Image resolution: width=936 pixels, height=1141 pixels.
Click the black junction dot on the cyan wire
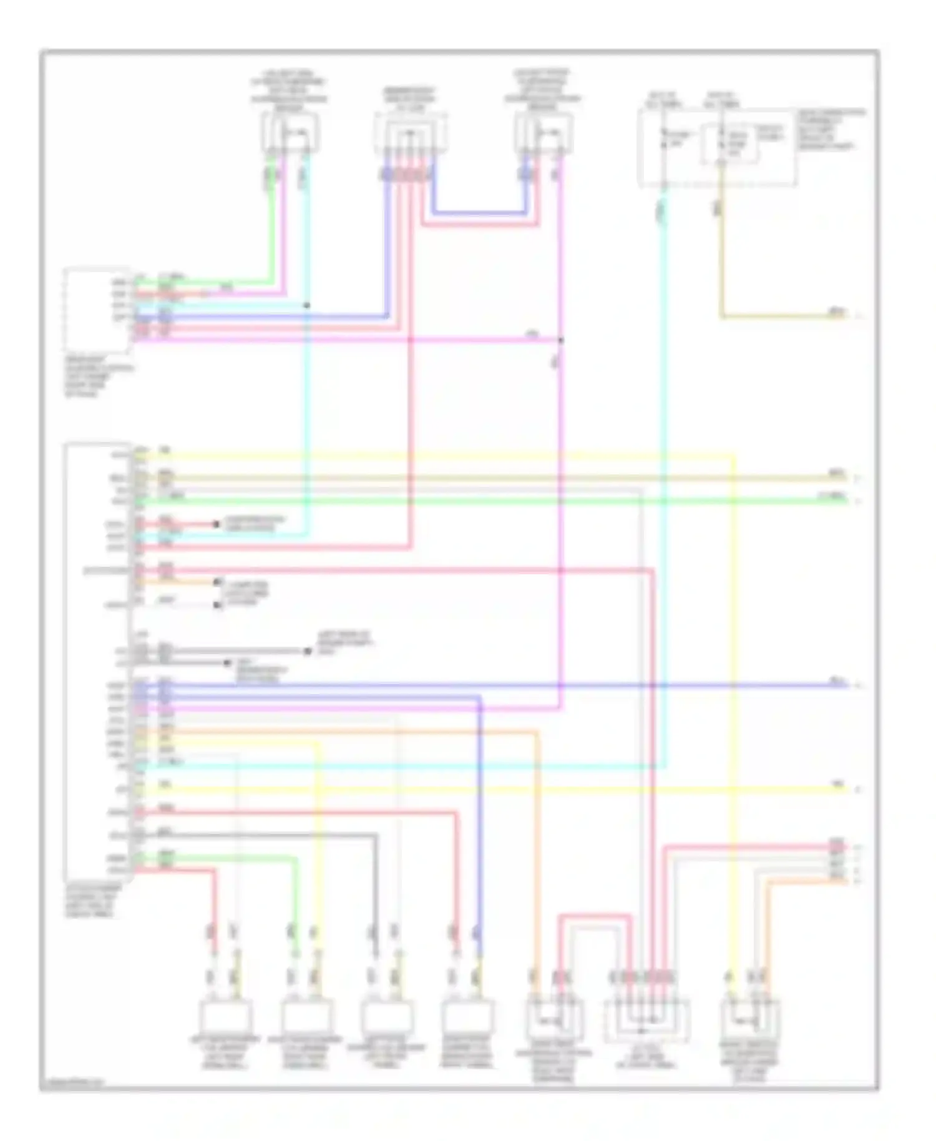[306, 305]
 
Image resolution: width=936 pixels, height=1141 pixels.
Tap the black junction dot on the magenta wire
[560, 340]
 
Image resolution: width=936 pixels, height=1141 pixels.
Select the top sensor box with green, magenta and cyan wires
[290, 133]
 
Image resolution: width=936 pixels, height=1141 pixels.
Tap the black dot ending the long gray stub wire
[308, 652]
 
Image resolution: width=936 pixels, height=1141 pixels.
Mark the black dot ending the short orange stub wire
[218, 582]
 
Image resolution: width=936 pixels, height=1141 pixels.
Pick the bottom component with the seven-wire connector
[646, 1020]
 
